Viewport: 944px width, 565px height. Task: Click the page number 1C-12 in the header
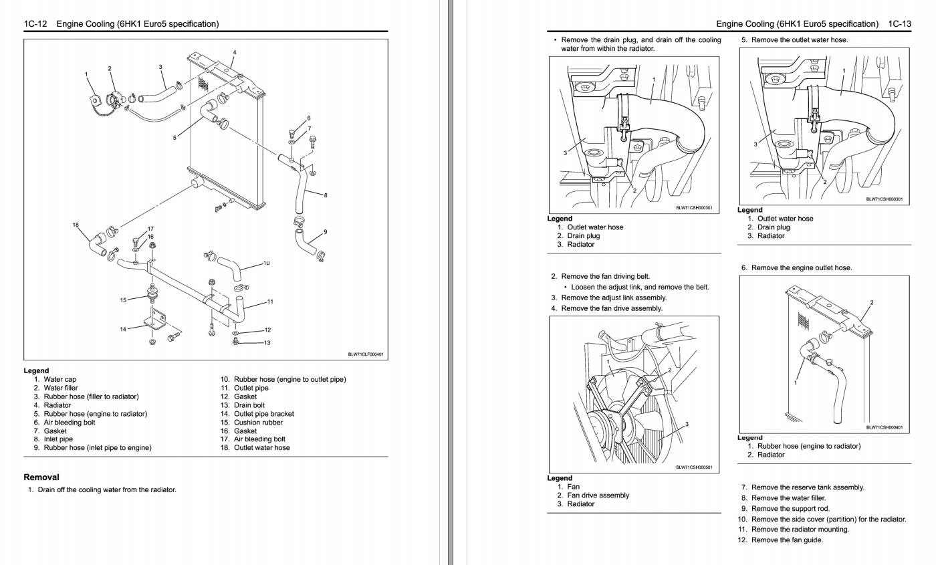pyautogui.click(x=34, y=24)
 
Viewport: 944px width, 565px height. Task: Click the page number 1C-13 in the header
pyautogui.click(x=900, y=24)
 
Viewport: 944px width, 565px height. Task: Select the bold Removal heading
pyautogui.click(x=41, y=477)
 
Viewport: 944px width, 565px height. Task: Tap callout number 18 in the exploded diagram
pyautogui.click(x=76, y=225)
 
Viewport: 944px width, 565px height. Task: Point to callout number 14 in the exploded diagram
pyautogui.click(x=123, y=329)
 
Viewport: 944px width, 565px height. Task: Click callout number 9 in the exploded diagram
pyautogui.click(x=325, y=232)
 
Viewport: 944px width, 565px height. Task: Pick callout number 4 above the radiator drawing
pyautogui.click(x=234, y=52)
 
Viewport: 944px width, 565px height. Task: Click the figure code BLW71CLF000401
pyautogui.click(x=366, y=354)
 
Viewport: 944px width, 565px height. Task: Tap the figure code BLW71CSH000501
pyautogui.click(x=694, y=467)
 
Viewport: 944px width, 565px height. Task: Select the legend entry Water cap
pyautogui.click(x=60, y=379)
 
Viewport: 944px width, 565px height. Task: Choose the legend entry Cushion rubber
pyautogui.click(x=258, y=423)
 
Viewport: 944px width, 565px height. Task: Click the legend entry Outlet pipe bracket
pyautogui.click(x=263, y=414)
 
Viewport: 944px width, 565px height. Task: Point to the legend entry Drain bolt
pyautogui.click(x=249, y=405)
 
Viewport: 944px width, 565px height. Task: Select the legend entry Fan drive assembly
pyautogui.click(x=598, y=495)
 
